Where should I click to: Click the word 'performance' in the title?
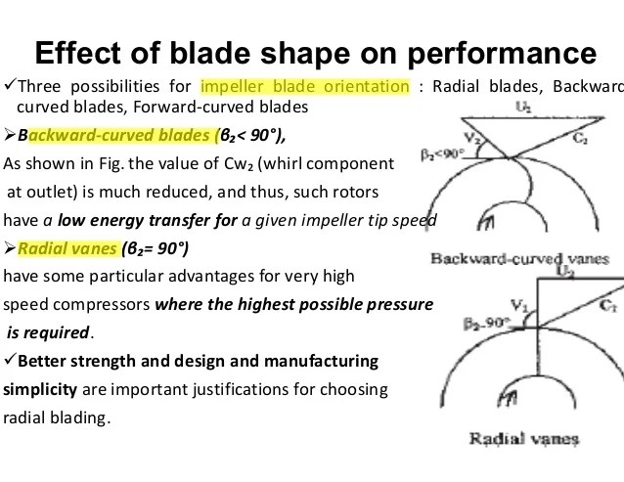pos(502,54)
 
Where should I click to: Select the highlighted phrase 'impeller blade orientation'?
pos(305,86)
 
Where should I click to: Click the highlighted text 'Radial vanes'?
pos(67,248)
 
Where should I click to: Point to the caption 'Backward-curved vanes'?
pos(519,259)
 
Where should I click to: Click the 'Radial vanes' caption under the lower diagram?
pos(523,439)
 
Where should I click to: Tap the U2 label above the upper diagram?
pos(523,107)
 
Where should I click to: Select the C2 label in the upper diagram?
pos(580,139)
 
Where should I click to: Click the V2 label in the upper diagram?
pos(472,138)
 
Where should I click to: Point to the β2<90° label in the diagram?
pos(442,153)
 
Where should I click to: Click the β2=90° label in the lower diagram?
pos(487,323)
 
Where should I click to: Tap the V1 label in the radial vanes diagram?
pos(519,305)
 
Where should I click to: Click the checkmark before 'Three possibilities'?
pos(10,85)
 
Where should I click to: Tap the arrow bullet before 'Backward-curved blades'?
pos(10,135)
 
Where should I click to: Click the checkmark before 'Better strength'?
pos(10,360)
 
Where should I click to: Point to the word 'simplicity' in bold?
pos(40,390)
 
